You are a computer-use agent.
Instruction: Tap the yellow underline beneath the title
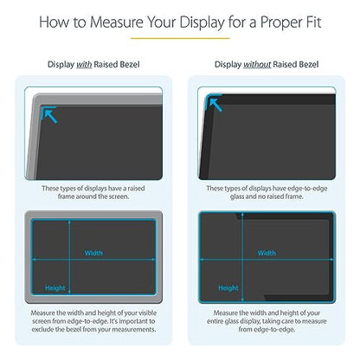(x=179, y=38)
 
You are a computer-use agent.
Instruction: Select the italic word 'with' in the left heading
(x=82, y=63)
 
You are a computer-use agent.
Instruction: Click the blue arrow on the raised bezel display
(x=49, y=112)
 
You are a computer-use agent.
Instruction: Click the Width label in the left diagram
(x=93, y=254)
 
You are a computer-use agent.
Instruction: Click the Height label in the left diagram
(x=55, y=287)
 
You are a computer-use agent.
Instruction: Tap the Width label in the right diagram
(x=266, y=254)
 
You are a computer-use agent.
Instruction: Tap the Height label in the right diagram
(x=228, y=287)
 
